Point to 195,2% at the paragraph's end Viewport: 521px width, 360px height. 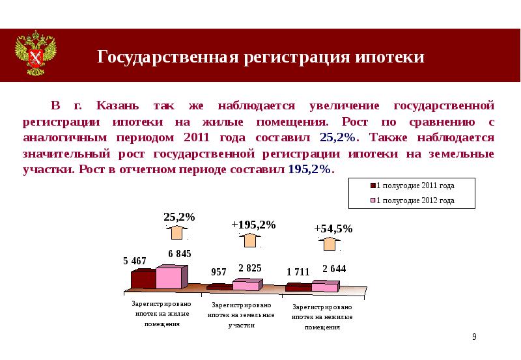[x=309, y=169]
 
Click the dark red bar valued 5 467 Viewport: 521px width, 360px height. [x=143, y=279]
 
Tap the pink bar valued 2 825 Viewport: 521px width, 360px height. [x=246, y=284]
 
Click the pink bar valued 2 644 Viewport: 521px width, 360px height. [x=324, y=286]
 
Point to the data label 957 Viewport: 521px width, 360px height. [x=219, y=271]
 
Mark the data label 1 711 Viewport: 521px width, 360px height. [x=298, y=271]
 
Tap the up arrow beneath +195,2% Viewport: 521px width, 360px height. [x=250, y=240]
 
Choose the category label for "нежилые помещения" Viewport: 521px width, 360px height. [x=322, y=317]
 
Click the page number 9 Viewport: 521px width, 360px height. [x=474, y=337]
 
